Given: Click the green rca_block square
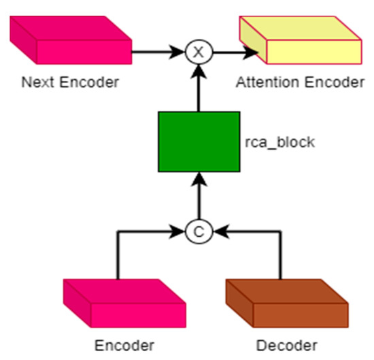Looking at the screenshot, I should pyautogui.click(x=199, y=143).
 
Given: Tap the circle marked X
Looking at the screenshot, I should pyautogui.click(x=198, y=50).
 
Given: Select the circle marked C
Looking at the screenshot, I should pyautogui.click(x=198, y=232).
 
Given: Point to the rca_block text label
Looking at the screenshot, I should pyautogui.click(x=275, y=143).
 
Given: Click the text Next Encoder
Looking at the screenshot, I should pyautogui.click(x=70, y=83).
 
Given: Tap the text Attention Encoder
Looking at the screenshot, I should pyautogui.click(x=300, y=83).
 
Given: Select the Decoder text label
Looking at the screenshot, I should pyautogui.click(x=286, y=344).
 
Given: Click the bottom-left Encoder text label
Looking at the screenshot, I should pyautogui.click(x=125, y=344).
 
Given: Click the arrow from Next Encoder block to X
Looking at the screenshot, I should pyautogui.click(x=158, y=50).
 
